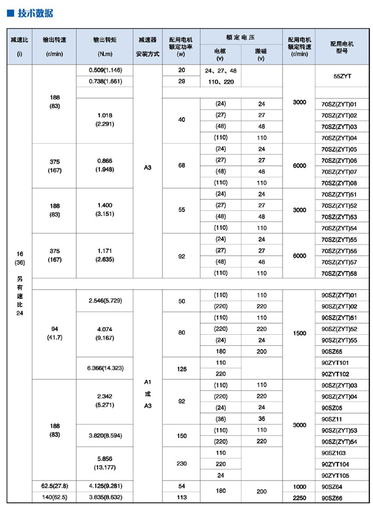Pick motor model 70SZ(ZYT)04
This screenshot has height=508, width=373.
click(x=339, y=138)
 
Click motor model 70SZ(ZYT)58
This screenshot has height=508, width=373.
click(x=339, y=273)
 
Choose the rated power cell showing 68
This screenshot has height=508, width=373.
click(x=181, y=166)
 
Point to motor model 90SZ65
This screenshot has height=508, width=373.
click(x=332, y=351)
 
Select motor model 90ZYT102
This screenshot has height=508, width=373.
click(x=335, y=373)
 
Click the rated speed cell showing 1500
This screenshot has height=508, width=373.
click(x=299, y=334)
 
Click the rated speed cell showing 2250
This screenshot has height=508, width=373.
click(x=299, y=497)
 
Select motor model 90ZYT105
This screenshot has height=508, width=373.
click(x=335, y=475)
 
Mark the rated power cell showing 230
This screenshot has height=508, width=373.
click(x=181, y=464)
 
